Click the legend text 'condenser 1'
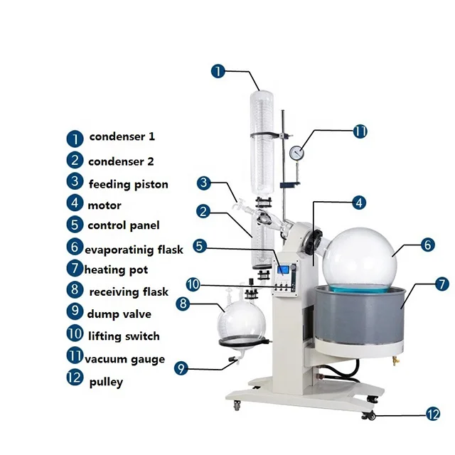pyautogui.click(x=122, y=136)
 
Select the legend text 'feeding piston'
pyautogui.click(x=129, y=184)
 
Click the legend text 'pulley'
pyautogui.click(x=106, y=382)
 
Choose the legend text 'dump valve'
pyautogui.click(x=119, y=314)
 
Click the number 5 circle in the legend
pyautogui.click(x=75, y=225)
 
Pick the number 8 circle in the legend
pyautogui.click(x=75, y=290)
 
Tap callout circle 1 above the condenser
pyautogui.click(x=218, y=71)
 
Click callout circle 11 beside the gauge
pyautogui.click(x=360, y=131)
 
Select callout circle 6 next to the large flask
pyautogui.click(x=427, y=245)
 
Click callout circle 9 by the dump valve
pyautogui.click(x=181, y=368)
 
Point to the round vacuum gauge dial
pyautogui.click(x=296, y=152)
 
